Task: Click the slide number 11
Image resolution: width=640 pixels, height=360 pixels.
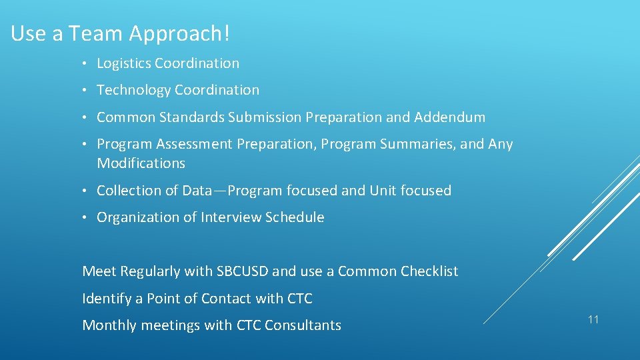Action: [x=593, y=320]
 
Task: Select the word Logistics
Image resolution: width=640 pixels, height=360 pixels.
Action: [x=124, y=63]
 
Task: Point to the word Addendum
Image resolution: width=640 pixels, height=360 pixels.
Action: [x=449, y=117]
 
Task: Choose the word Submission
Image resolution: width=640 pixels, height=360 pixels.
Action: [x=265, y=117]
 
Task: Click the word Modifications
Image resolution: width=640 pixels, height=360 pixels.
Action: [x=141, y=163]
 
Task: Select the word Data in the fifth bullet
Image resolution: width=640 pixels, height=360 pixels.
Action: [x=197, y=191]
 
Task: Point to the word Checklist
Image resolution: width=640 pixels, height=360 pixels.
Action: [x=429, y=271]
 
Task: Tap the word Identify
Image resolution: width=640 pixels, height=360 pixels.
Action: [x=107, y=299]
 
